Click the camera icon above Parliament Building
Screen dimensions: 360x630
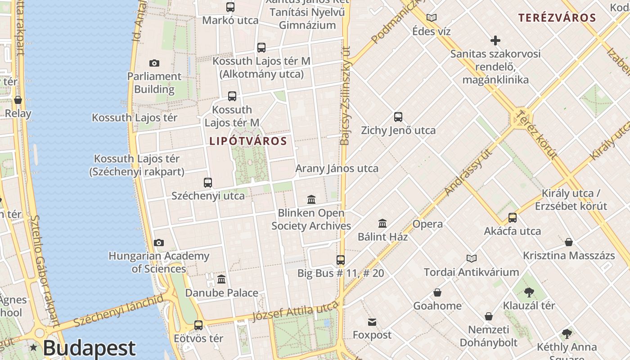click(154, 63)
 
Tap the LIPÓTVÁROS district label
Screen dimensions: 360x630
click(248, 141)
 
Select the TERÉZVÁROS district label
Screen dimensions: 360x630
click(557, 18)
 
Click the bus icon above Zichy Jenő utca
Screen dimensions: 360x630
click(398, 117)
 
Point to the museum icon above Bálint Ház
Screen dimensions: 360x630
click(382, 223)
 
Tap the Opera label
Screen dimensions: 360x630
click(427, 224)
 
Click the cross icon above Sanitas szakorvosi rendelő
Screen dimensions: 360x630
click(495, 41)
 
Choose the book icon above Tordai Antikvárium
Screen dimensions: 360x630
click(472, 259)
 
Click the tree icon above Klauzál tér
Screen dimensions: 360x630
click(529, 292)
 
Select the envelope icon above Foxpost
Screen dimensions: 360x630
click(372, 322)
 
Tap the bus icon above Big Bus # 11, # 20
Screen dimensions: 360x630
click(341, 260)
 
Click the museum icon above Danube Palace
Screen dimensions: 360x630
click(221, 279)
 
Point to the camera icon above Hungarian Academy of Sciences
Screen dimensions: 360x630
click(159, 243)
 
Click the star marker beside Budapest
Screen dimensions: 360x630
click(34, 347)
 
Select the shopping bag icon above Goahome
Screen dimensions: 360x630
click(437, 293)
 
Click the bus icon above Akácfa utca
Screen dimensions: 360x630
click(513, 218)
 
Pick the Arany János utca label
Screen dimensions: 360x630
click(337, 169)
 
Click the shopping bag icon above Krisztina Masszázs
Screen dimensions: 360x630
click(569, 242)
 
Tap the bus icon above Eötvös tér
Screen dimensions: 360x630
click(198, 325)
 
